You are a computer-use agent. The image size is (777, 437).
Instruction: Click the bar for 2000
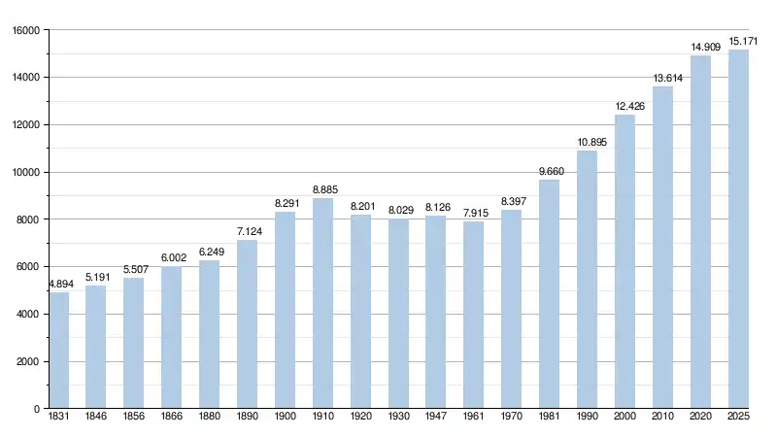(x=625, y=261)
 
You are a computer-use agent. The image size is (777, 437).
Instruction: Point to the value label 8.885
(x=322, y=188)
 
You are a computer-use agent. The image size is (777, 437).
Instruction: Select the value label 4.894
(x=59, y=284)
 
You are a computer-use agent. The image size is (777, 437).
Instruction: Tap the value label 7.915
(x=473, y=212)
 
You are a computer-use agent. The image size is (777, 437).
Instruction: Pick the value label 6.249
(x=209, y=252)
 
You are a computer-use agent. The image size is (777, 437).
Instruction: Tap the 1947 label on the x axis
(x=435, y=419)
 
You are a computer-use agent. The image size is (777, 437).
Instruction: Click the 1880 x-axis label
(x=209, y=419)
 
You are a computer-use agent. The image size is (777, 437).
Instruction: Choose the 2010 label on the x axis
(x=662, y=419)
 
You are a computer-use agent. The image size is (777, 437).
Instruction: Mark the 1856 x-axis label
(x=133, y=419)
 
